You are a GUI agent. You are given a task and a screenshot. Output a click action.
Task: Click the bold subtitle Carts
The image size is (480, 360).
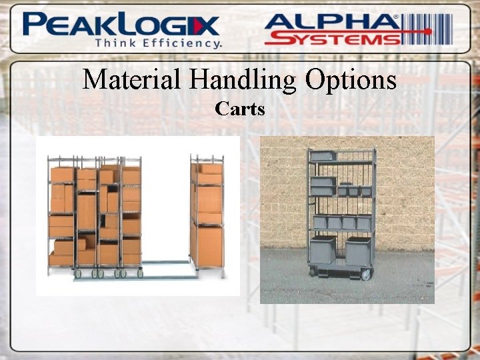pos(240,108)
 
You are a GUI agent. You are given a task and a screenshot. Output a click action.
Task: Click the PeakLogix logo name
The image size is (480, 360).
pos(120,25)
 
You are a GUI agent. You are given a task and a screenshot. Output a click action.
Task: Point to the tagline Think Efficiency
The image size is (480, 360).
pos(159,43)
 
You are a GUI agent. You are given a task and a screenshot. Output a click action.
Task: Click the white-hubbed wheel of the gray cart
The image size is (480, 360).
pos(365,273)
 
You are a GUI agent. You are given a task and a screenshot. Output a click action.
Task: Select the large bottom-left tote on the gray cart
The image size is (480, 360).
pos(323,250)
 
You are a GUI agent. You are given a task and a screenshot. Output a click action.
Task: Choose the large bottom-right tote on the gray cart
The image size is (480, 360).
pos(358,250)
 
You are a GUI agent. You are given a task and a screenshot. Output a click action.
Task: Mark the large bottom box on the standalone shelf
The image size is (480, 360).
pos(209,245)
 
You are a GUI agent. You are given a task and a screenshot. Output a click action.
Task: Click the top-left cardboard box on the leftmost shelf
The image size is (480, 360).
pos(61,175)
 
